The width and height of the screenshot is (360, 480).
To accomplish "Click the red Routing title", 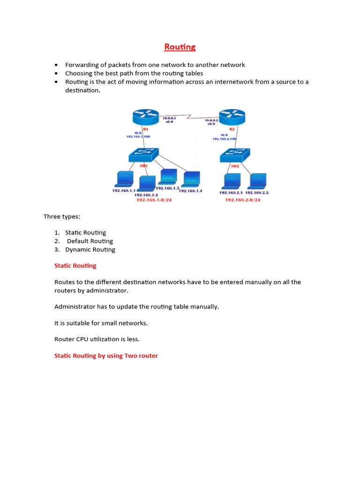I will (180, 47).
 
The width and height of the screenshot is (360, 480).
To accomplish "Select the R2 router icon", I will (232, 116).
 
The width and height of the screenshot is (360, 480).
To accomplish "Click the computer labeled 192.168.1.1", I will (125, 180).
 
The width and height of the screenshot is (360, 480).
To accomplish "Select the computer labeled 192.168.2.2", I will (257, 181).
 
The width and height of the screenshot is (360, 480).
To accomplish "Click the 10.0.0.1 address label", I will (170, 119).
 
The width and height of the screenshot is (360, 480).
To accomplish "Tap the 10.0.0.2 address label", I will (211, 120).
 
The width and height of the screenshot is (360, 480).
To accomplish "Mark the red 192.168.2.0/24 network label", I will (242, 200).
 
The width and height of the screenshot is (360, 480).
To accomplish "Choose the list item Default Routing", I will (90, 241).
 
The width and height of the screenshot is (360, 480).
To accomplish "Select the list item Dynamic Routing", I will (90, 249).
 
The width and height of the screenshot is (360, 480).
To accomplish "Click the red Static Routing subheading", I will (75, 265).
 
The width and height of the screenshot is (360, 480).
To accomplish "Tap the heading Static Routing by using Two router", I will (106, 356).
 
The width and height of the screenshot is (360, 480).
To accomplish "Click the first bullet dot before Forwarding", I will (56, 65).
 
